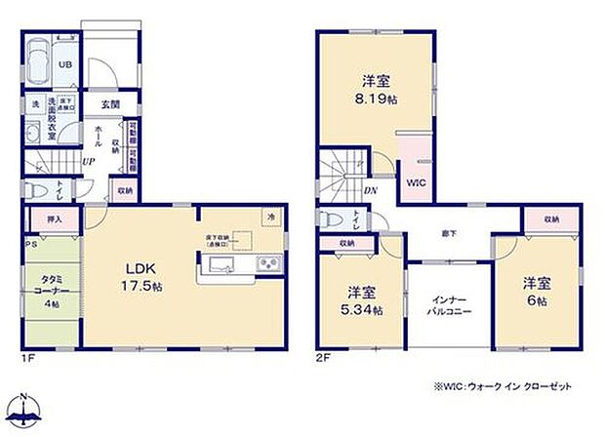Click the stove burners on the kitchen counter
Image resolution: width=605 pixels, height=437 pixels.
[267, 265]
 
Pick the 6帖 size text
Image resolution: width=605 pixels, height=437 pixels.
[538, 302]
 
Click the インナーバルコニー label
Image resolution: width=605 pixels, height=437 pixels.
[450, 304]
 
